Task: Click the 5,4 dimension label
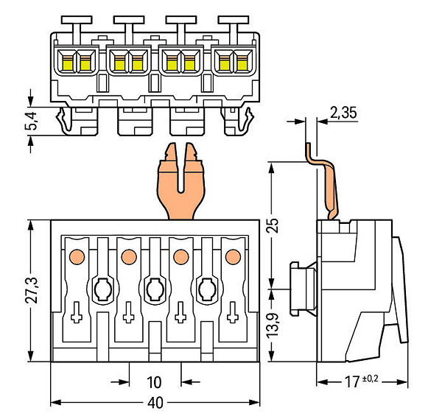32,122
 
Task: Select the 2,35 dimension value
343,113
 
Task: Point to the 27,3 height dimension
31,290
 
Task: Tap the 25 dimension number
273,225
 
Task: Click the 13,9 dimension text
273,325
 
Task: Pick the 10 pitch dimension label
154,382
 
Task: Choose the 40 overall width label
155,403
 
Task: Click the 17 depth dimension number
352,382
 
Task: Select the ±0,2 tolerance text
370,378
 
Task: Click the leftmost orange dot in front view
77,257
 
